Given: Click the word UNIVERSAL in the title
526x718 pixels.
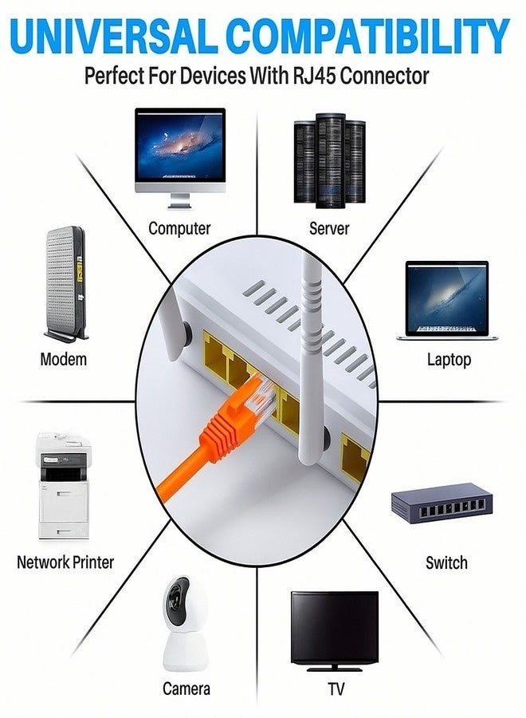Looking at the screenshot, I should [x=112, y=36].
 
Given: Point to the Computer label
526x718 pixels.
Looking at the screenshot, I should [x=179, y=228].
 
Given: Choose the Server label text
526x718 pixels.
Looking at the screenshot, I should [x=329, y=228].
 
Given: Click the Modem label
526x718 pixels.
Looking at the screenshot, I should [x=63, y=359].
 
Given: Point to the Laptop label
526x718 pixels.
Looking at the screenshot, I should [x=449, y=359].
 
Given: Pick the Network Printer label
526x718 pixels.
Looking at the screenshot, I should [x=65, y=562].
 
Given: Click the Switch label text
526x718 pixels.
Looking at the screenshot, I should [x=446, y=562].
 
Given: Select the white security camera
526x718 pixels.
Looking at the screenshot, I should [x=185, y=623].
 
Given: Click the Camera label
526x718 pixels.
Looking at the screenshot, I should [x=186, y=688].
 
